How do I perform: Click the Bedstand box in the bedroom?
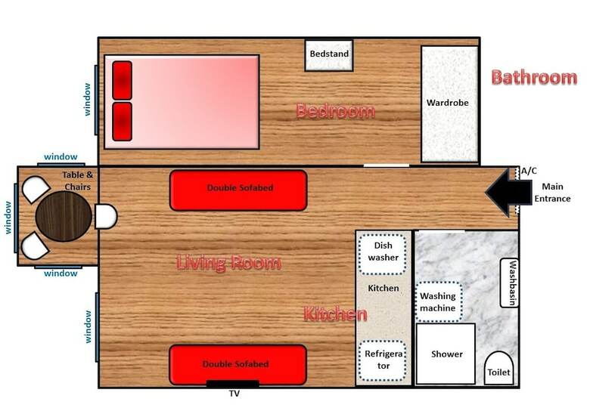pyautogui.click(x=329, y=55)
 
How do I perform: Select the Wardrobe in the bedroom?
pyautogui.click(x=449, y=104)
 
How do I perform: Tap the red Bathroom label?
pyautogui.click(x=534, y=77)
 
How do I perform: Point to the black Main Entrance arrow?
pyautogui.click(x=508, y=193)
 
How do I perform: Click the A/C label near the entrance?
pyautogui.click(x=529, y=171)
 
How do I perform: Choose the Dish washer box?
pyautogui.click(x=383, y=254)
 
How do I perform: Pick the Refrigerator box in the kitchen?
pyautogui.click(x=383, y=360)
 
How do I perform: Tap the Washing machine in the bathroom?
pyautogui.click(x=439, y=302)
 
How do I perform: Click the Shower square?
pyautogui.click(x=446, y=354)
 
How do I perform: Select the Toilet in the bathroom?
pyautogui.click(x=498, y=369)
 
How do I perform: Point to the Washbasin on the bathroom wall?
pyautogui.click(x=509, y=283)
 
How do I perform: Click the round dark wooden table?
pyautogui.click(x=64, y=216)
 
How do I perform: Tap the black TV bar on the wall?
pyautogui.click(x=233, y=384)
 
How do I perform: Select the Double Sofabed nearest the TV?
pyautogui.click(x=238, y=364)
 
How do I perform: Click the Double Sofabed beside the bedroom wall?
pyautogui.click(x=238, y=190)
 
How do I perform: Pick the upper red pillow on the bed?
pyautogui.click(x=123, y=80)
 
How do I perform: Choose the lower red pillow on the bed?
pyautogui.click(x=123, y=122)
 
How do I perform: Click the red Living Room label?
pyautogui.click(x=228, y=262)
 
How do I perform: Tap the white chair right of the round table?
pyautogui.click(x=106, y=216)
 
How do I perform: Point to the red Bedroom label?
pyautogui.click(x=335, y=111)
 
